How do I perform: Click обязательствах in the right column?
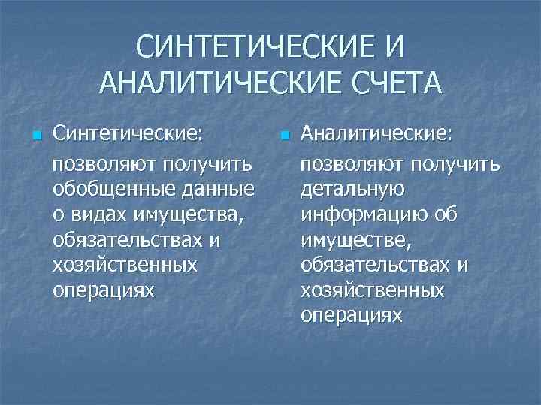[x=376, y=266]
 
